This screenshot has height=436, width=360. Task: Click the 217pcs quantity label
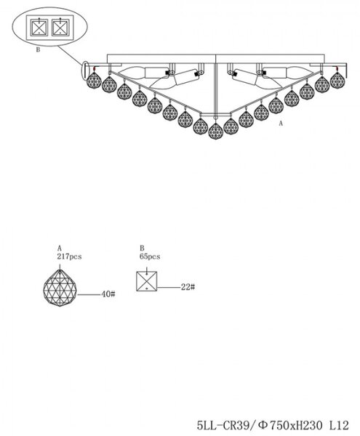point(69,257)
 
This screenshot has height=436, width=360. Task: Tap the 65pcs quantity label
point(150,257)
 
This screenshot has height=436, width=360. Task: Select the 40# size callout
point(108,294)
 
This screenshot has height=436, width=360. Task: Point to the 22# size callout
point(188,287)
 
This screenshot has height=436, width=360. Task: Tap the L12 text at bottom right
point(339,425)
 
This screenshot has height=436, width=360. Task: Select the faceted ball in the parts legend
point(60,288)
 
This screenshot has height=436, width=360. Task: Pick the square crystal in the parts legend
point(147,281)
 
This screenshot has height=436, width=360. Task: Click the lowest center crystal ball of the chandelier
point(216,131)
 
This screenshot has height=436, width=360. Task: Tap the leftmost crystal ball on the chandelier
point(94,80)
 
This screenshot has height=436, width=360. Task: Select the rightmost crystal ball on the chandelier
point(337,80)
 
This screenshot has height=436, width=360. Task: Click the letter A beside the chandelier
point(281,124)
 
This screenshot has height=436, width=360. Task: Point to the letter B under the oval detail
point(38,49)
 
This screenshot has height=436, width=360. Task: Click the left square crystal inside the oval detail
point(39,28)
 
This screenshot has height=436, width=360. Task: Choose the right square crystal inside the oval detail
point(60,28)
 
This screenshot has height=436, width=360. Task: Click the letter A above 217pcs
point(60,248)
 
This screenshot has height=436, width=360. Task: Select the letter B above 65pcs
point(142,248)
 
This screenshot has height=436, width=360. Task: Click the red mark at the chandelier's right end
point(337,68)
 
